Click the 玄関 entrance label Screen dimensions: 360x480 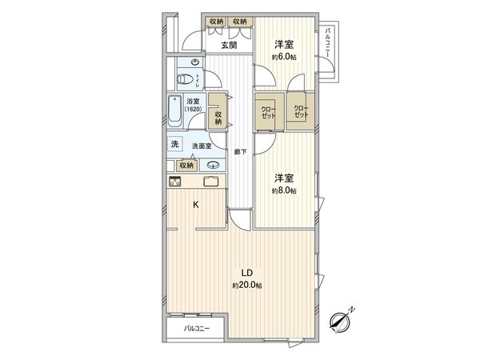pyautogui.click(x=229, y=46)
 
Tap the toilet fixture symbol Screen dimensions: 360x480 pyautogui.click(x=185, y=79)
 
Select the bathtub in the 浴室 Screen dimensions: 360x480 pyautogui.click(x=174, y=112)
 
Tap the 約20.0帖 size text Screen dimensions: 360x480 pyautogui.click(x=248, y=285)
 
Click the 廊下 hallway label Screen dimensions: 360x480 pyautogui.click(x=239, y=150)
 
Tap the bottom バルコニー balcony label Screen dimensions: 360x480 pyautogui.click(x=196, y=329)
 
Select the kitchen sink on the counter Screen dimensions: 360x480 pyautogui.click(x=211, y=181)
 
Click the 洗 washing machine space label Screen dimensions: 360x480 pyautogui.click(x=174, y=144)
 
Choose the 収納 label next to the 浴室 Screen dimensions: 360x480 pyautogui.click(x=218, y=118)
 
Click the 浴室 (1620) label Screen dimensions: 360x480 pyautogui.click(x=193, y=105)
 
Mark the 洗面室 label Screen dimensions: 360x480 pyautogui.click(x=202, y=146)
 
